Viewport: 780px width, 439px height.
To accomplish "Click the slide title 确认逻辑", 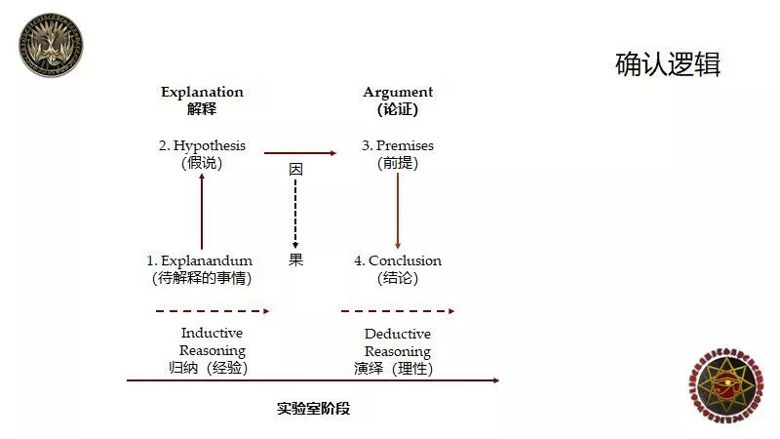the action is coord(668,64).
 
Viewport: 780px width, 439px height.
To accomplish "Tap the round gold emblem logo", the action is coord(51,45).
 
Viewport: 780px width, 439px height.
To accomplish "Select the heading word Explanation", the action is coord(202,92).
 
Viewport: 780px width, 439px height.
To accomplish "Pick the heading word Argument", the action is coord(398,93).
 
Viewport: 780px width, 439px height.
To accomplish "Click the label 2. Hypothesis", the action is coord(202,145).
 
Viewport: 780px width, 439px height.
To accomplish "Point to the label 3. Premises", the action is coord(398,145).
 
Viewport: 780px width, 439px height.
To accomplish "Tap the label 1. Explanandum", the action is coord(200,260).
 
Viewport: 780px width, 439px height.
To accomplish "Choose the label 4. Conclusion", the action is coord(398,260).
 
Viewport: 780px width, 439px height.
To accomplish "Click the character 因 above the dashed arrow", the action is coord(295,169).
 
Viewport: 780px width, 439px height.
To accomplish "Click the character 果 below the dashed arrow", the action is coord(295,259).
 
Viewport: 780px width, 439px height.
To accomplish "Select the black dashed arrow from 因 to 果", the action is coord(295,214).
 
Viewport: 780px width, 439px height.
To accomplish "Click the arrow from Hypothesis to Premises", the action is coord(300,153).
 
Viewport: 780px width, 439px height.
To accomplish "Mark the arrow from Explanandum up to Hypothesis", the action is coord(202,211).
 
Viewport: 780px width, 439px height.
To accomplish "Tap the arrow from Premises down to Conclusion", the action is coord(398,211).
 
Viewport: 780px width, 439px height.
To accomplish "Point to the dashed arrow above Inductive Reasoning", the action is coord(213,311).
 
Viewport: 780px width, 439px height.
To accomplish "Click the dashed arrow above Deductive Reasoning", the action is coord(398,311).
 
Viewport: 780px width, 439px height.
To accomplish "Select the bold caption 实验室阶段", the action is coord(313,409).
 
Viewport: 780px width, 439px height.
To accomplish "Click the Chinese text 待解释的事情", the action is coord(202,278).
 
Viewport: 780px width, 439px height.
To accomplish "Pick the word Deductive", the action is coord(398,334).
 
